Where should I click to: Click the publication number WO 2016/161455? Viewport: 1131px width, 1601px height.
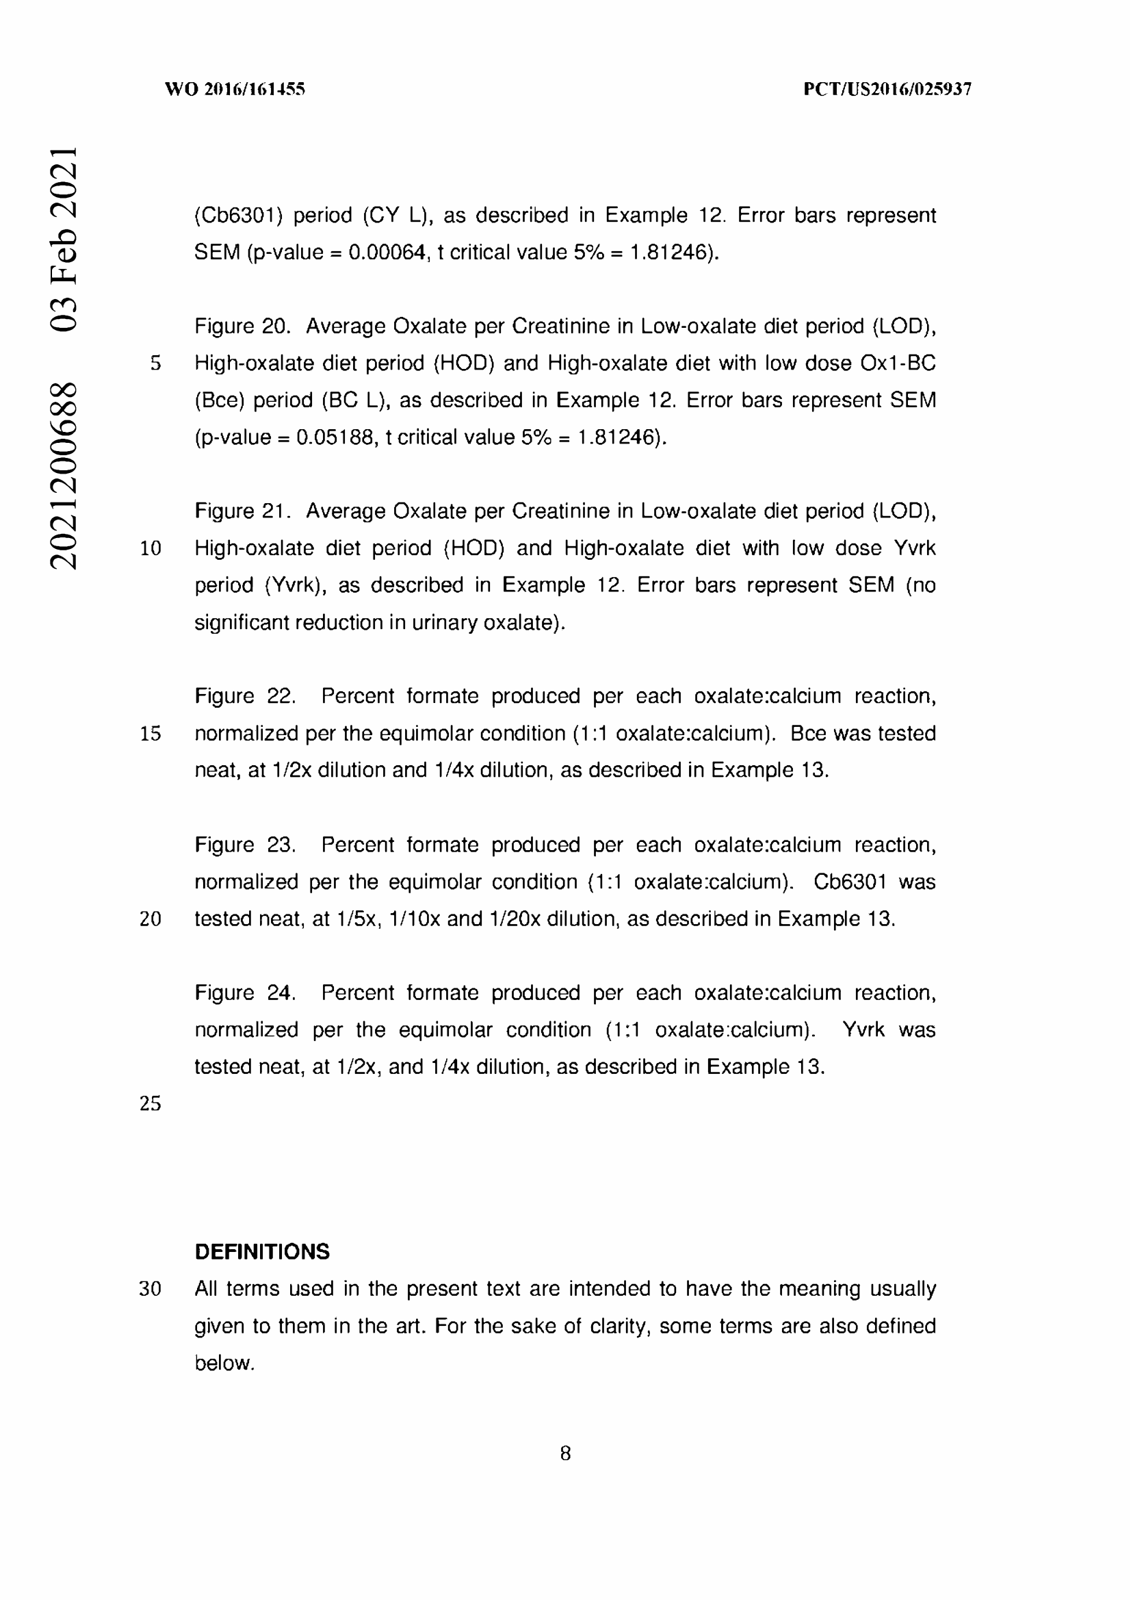235,89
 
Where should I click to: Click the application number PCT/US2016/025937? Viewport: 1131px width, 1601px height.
887,89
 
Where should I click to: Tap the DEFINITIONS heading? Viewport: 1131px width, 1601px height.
262,1252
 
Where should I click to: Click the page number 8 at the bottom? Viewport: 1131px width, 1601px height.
565,1453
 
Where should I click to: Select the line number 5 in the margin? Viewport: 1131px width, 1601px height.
155,363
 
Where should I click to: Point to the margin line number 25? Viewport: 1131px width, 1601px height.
151,1103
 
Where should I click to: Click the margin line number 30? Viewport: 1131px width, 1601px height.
151,1289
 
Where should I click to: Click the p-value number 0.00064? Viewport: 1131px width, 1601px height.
387,253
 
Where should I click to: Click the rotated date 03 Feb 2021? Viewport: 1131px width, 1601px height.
64,238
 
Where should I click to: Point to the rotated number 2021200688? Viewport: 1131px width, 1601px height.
64,476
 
